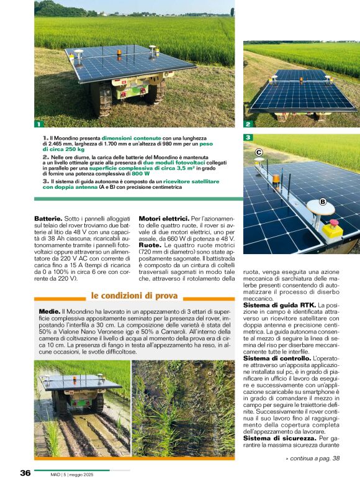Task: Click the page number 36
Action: pos(25,473)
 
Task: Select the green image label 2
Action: pos(247,124)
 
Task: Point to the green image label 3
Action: pos(247,137)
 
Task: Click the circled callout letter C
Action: pos(259,152)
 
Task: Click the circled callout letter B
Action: pos(323,201)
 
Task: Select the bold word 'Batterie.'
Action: pos(48,219)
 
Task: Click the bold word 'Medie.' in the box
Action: pos(49,310)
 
